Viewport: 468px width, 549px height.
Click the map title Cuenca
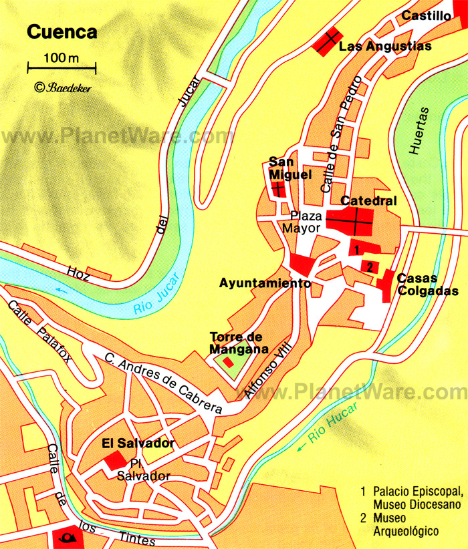[x=62, y=32]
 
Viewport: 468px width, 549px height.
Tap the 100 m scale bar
[x=62, y=67]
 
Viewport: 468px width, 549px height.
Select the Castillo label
[x=427, y=16]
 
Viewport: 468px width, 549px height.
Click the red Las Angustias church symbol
[x=329, y=42]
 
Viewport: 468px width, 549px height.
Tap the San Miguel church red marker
[x=277, y=189]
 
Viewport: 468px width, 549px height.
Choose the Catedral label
[x=369, y=200]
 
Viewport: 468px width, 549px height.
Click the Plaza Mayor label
[x=306, y=222]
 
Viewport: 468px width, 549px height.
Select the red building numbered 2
[x=369, y=266]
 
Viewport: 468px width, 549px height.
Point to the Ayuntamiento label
[x=265, y=283]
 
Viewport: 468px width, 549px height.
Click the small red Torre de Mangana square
[x=229, y=363]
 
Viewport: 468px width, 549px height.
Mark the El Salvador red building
[x=115, y=460]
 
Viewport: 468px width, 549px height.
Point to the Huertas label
[x=419, y=131]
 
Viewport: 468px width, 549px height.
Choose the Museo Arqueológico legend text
[x=406, y=524]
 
